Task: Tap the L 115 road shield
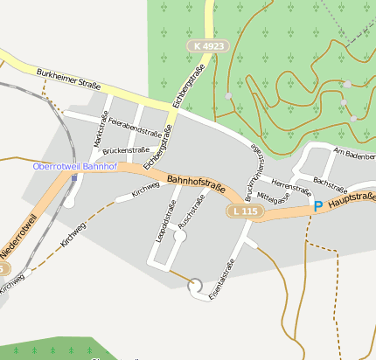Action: coord(245,211)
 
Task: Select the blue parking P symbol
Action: coord(318,206)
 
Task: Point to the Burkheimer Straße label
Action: coord(69,80)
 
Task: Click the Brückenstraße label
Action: coord(126,150)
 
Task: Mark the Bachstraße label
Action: coord(330,185)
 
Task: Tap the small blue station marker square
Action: coord(74,177)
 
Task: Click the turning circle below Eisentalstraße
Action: coord(196,285)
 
